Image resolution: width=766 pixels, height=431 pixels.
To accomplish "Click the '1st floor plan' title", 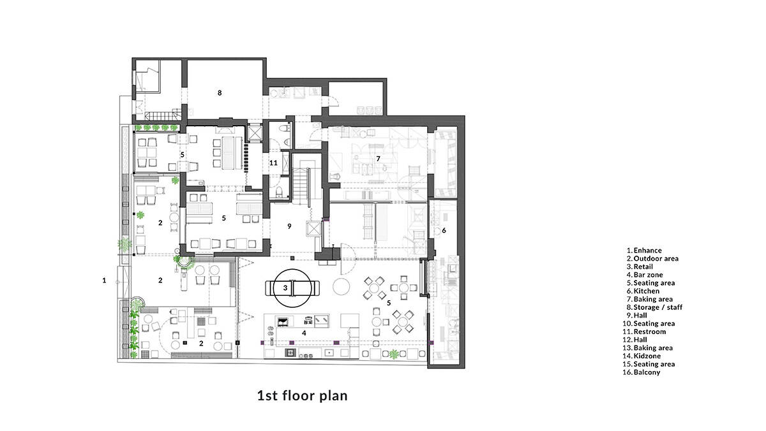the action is pyautogui.click(x=303, y=395).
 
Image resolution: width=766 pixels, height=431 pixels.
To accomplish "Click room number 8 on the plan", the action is pyautogui.click(x=220, y=92).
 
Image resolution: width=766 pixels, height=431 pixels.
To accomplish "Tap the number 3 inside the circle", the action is pyautogui.click(x=285, y=288).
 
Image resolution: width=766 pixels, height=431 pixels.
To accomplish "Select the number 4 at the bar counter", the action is pyautogui.click(x=304, y=333).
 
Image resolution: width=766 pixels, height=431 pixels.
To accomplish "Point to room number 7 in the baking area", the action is pyautogui.click(x=378, y=159).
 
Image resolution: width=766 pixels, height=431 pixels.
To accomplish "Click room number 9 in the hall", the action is pyautogui.click(x=289, y=226).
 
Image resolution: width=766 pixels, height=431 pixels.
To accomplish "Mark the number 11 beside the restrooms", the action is pyautogui.click(x=273, y=163).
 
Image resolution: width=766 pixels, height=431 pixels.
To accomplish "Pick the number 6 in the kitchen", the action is pyautogui.click(x=444, y=231).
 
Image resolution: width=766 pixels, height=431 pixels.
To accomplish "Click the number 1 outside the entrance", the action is pyautogui.click(x=104, y=281).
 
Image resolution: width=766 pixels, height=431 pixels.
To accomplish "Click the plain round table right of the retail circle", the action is pyautogui.click(x=342, y=286).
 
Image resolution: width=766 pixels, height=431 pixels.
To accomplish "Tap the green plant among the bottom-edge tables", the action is pyautogui.click(x=394, y=354).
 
